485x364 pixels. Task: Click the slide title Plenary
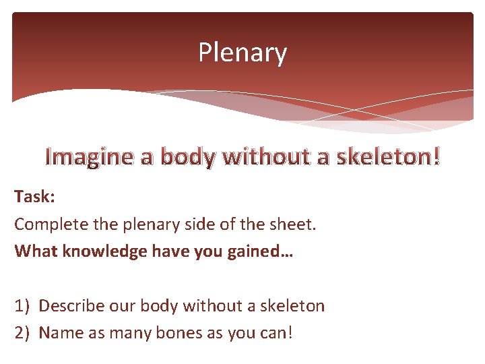coord(243,53)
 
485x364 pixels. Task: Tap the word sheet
coord(292,224)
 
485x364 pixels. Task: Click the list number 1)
coord(23,306)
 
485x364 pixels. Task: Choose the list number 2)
coord(23,333)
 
